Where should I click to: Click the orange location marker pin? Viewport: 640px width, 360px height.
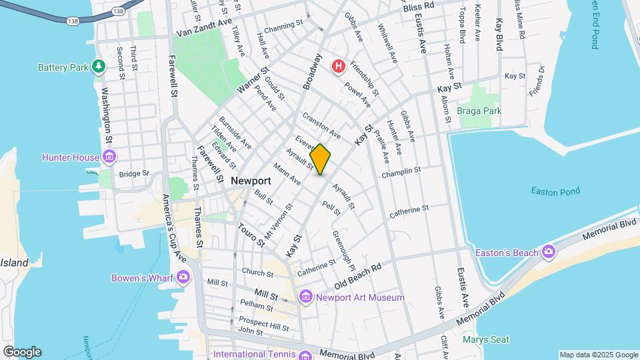coord(320,159)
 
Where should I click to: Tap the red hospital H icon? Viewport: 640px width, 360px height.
coord(339,66)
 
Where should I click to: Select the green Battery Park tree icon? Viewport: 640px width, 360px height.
coord(99,67)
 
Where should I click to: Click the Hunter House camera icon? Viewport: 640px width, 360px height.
coord(109,158)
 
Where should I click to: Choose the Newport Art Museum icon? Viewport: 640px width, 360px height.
coord(305,297)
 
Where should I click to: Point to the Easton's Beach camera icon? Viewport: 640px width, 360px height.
coord(548,251)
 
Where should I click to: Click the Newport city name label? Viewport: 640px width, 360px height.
coord(251,181)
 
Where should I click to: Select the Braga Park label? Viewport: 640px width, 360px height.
coord(479,111)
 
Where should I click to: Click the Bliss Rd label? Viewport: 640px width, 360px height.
coord(419,5)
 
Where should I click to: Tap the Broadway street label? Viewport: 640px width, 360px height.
coord(311,71)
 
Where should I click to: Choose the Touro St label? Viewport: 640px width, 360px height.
coord(251,235)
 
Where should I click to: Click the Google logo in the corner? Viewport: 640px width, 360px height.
coord(22,351)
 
